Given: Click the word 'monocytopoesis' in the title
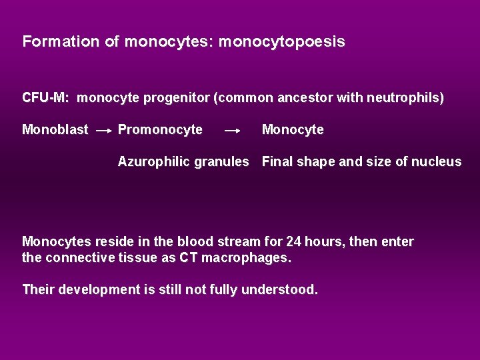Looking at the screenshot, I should pyautogui.click(x=281, y=42).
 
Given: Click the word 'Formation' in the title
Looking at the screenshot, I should pyautogui.click(x=63, y=41).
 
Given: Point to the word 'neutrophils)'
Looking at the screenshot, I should pyautogui.click(x=407, y=98).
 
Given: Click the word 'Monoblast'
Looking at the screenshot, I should pyautogui.click(x=55, y=130).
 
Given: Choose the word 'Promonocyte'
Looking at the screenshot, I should pyautogui.click(x=160, y=130).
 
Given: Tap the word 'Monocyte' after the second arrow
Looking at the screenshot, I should pyautogui.click(x=293, y=130).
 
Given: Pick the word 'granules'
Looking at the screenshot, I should pyautogui.click(x=223, y=162).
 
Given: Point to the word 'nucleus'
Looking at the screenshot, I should pyautogui.click(x=437, y=162).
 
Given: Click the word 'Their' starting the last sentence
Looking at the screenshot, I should pyautogui.click(x=39, y=290).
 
